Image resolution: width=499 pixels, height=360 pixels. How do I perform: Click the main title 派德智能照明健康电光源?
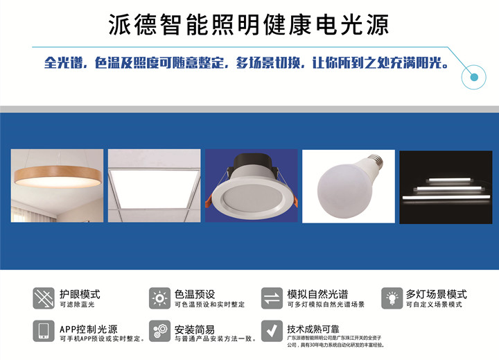tap(249, 24)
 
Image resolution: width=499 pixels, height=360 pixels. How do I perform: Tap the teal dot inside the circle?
tap(474, 77)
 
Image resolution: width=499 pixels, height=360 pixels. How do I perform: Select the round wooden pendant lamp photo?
tap(57, 185)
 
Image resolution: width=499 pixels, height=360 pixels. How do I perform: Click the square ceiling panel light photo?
tap(155, 185)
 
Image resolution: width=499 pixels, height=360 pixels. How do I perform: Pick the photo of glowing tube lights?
tap(446, 187)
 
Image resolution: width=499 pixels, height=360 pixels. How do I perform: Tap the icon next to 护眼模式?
tap(44, 298)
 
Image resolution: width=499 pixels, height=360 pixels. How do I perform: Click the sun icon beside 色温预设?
tap(160, 298)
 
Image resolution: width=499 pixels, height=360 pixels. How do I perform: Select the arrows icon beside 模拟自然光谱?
tap(272, 298)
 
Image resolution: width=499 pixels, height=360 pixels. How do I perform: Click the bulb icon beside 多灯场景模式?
tap(392, 298)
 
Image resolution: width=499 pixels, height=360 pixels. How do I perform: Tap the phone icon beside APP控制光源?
tap(44, 331)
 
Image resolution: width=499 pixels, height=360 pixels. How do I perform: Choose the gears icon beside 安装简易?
tap(160, 331)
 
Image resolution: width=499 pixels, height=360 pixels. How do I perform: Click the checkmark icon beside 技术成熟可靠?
tap(272, 331)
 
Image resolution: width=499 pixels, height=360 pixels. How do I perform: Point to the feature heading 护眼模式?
tap(80, 294)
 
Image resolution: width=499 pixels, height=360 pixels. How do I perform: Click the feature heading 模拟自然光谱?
tap(317, 294)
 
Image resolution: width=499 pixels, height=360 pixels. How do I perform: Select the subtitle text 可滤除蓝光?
tap(77, 305)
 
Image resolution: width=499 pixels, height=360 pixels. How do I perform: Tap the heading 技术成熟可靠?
tap(313, 329)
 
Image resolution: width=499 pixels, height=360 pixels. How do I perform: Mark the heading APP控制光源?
tap(89, 329)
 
